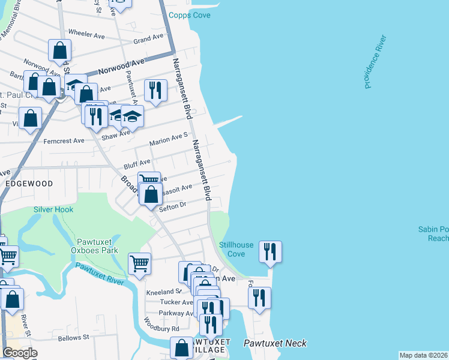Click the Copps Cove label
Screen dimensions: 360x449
tap(190, 15)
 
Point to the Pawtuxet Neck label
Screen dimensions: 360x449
tap(276, 343)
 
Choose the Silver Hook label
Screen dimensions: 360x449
tap(53, 209)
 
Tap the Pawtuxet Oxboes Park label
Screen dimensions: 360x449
tap(94, 246)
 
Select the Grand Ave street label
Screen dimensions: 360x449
tap(148, 39)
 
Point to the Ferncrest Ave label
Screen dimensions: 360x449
tap(64, 141)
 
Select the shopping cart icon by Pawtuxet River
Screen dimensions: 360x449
tap(139, 262)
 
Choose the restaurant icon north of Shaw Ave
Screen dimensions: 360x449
tap(155, 90)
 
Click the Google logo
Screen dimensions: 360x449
tap(20, 353)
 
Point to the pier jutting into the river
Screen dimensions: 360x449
tap(228, 122)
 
